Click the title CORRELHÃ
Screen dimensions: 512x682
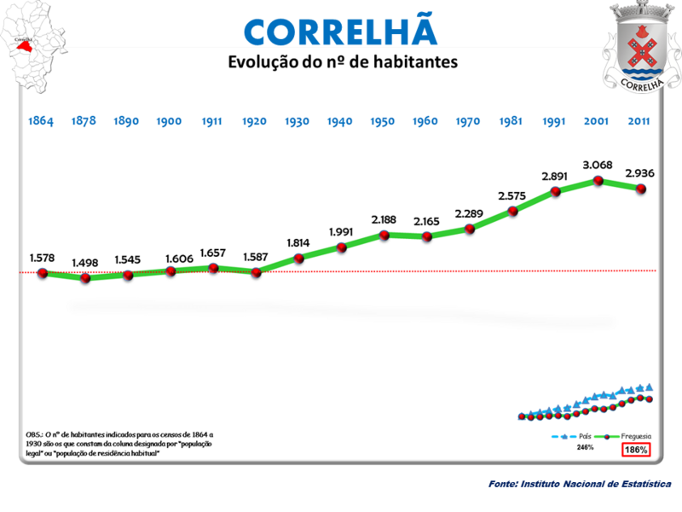tap(340, 30)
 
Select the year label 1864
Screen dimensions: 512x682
tap(40, 121)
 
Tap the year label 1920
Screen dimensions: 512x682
tap(255, 121)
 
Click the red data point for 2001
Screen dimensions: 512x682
tap(598, 181)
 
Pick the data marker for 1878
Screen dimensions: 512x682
tap(84, 277)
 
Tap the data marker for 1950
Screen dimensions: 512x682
tap(384, 234)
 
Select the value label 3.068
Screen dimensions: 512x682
tap(598, 164)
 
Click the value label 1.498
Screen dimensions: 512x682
tap(85, 262)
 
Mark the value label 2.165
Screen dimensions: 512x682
tap(426, 221)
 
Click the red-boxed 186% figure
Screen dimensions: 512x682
tap(636, 449)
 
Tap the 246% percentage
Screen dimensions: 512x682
tap(585, 447)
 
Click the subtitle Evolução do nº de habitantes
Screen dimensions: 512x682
tap(341, 62)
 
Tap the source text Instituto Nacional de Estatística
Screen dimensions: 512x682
tap(580, 484)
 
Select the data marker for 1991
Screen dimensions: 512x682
tap(556, 190)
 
